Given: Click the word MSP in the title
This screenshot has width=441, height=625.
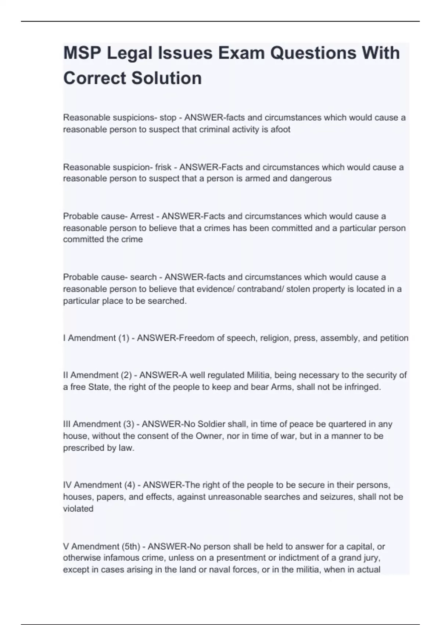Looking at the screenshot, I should click(82, 53).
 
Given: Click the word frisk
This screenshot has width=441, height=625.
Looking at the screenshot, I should click(163, 167).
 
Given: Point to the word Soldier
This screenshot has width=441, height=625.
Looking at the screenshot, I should click(211, 424).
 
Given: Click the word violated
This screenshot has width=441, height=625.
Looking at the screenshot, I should click(78, 509).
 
